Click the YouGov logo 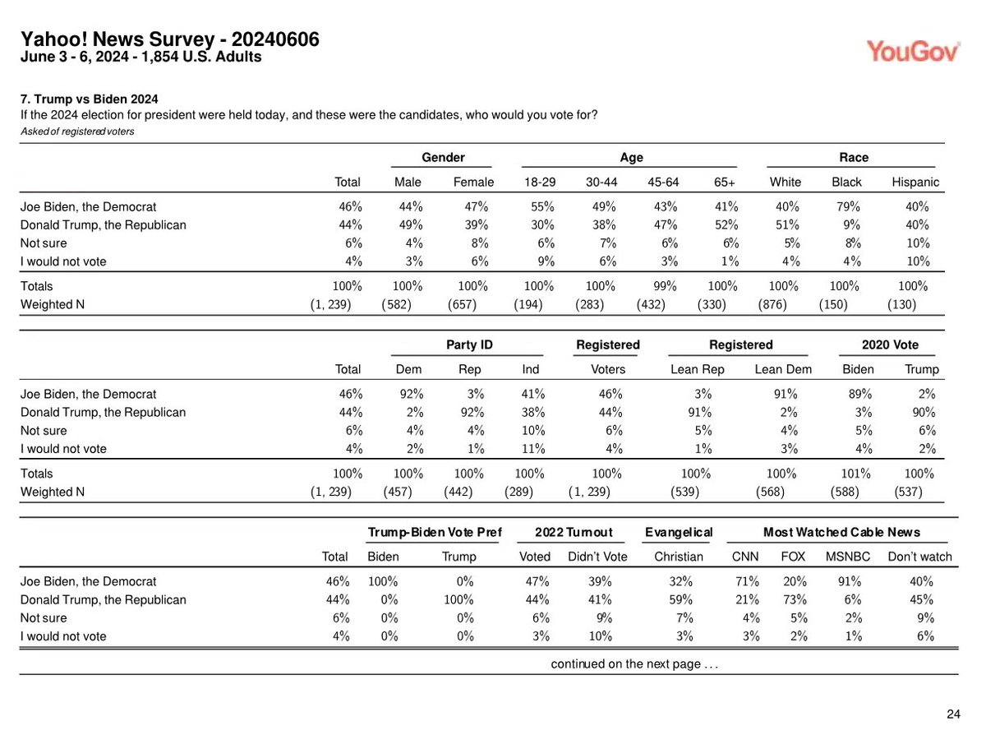(914, 51)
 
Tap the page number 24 (953, 714)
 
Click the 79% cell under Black (846, 207)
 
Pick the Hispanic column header (915, 182)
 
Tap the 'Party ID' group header (468, 345)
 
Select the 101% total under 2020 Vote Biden (846, 474)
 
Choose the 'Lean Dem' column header (782, 369)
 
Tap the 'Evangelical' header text (679, 533)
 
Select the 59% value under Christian (680, 599)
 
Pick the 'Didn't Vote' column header (597, 557)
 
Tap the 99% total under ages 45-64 (663, 286)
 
